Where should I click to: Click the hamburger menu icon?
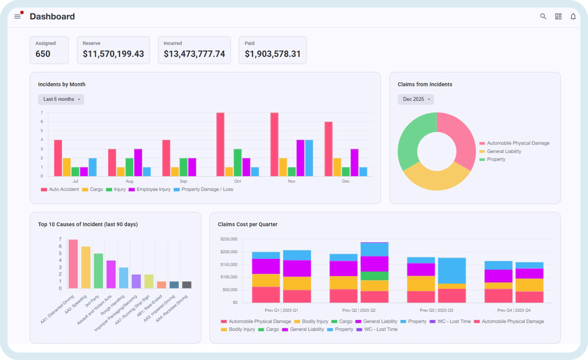17,17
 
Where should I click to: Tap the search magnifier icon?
543,17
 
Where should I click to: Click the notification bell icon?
573,17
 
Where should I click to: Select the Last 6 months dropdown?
61,99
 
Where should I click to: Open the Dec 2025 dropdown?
415,99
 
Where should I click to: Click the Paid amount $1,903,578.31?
273,54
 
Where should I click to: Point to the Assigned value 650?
43,54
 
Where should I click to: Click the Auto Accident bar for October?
220,144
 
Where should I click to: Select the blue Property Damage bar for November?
309,158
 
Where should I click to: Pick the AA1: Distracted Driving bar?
73,264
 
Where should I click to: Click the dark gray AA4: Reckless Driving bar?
186,285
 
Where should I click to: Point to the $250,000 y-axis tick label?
229,239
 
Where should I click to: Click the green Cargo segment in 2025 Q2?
374,276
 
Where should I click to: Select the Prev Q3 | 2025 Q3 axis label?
436,310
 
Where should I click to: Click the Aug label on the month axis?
129,181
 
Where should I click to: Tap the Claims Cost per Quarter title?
247,224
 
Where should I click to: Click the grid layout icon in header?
558,17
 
